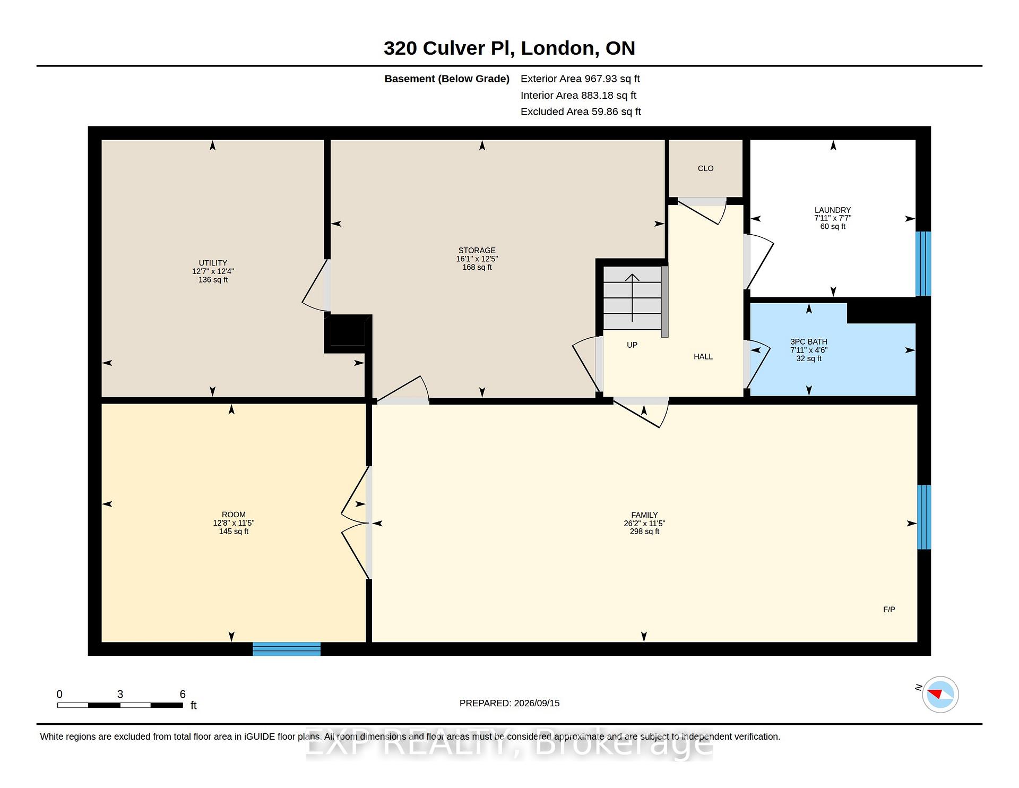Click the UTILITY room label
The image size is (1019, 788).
pyautogui.click(x=213, y=263)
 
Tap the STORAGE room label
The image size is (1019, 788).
pyautogui.click(x=477, y=251)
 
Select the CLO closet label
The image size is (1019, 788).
pyautogui.click(x=705, y=168)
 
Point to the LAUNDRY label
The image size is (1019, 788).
pyautogui.click(x=833, y=210)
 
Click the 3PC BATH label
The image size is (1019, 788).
pyautogui.click(x=809, y=342)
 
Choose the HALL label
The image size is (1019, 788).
pyautogui.click(x=703, y=357)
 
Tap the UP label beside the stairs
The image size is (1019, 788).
pyautogui.click(x=632, y=345)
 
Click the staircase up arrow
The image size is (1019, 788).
pyautogui.click(x=632, y=298)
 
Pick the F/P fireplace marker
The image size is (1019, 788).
pyautogui.click(x=889, y=610)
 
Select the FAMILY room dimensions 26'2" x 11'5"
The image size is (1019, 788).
pyautogui.click(x=644, y=523)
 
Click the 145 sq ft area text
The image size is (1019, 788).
pyautogui.click(x=234, y=532)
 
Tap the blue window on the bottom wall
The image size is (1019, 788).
pyautogui.click(x=287, y=649)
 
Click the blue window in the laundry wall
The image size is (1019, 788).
pyautogui.click(x=923, y=263)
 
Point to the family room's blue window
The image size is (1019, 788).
pyautogui.click(x=924, y=517)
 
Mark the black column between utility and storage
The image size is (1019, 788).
pyautogui.click(x=348, y=333)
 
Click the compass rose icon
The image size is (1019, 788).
pyautogui.click(x=940, y=694)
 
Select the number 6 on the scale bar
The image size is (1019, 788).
pyautogui.click(x=183, y=694)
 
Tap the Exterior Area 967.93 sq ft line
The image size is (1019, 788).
pyautogui.click(x=580, y=79)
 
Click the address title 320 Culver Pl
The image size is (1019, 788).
pyautogui.click(x=448, y=48)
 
